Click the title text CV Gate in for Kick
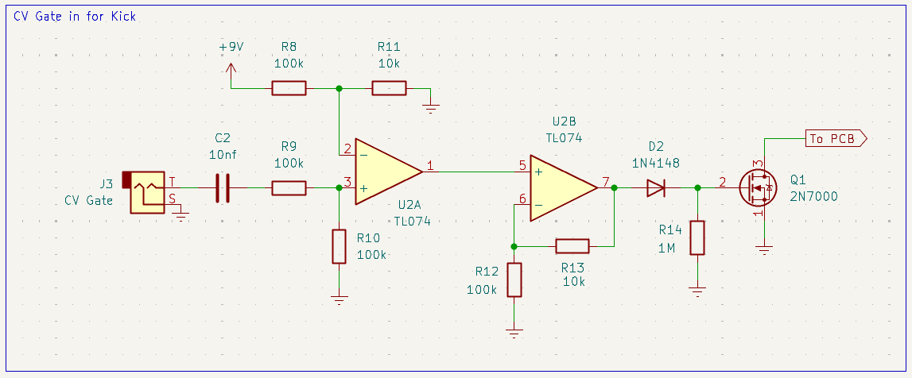tap(75, 16)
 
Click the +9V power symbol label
tap(231, 47)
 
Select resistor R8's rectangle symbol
tap(289, 87)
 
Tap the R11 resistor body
tap(390, 87)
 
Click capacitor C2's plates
tap(223, 188)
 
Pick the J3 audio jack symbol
tap(144, 191)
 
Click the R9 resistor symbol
tap(289, 188)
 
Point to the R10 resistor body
tap(340, 246)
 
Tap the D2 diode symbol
tap(655, 188)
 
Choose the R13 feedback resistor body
tap(572, 245)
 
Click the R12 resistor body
tap(514, 280)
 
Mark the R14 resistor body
tap(697, 237)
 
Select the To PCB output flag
tap(835, 139)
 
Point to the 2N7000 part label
tap(813, 196)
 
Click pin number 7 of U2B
tap(606, 182)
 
